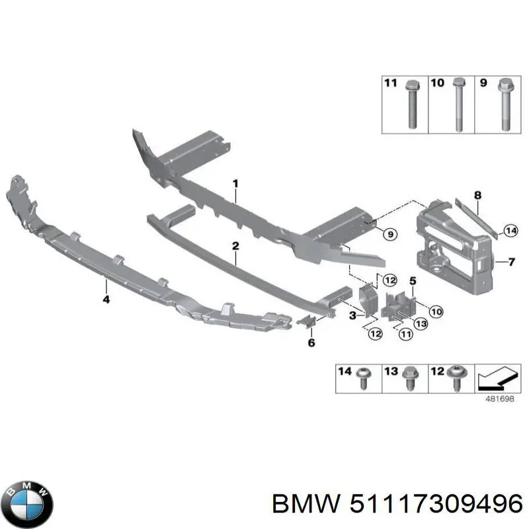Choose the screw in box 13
pyautogui.click(x=408, y=378)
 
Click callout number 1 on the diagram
pyautogui.click(x=235, y=183)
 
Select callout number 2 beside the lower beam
pyautogui.click(x=235, y=247)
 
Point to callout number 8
pyautogui.click(x=477, y=196)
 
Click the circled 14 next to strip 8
pyautogui.click(x=510, y=231)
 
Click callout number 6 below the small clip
pyautogui.click(x=311, y=343)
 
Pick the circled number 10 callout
pyautogui.click(x=435, y=311)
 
